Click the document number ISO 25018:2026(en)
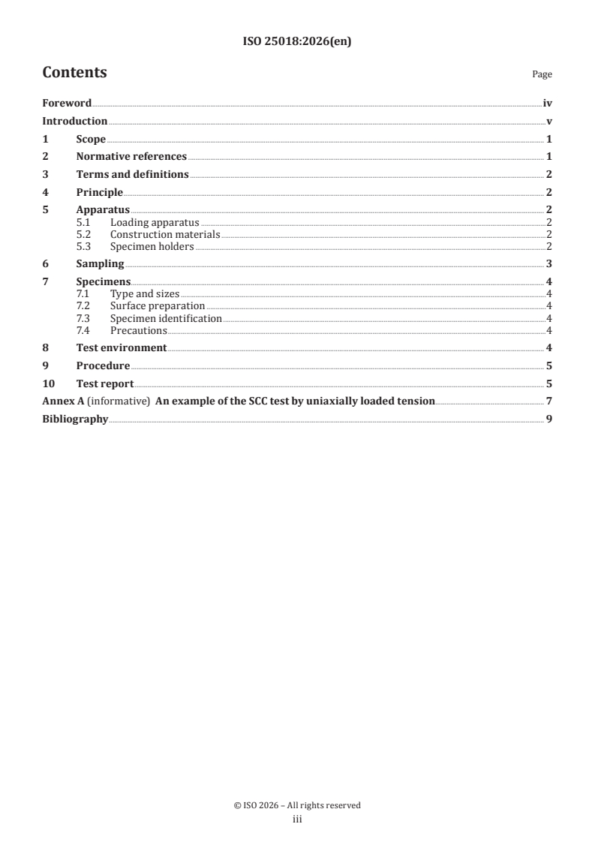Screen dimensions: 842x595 click(x=297, y=42)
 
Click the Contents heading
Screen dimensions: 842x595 click(x=74, y=73)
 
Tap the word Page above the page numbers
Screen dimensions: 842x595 click(x=542, y=74)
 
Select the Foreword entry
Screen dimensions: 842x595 click(x=67, y=104)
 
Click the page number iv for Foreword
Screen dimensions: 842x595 click(x=548, y=104)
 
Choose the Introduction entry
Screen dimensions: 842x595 click(x=75, y=122)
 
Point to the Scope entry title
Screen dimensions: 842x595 click(x=91, y=140)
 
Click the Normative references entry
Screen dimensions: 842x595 click(x=131, y=157)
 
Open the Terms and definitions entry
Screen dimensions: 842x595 click(x=132, y=175)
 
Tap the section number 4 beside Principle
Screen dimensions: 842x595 click(x=46, y=192)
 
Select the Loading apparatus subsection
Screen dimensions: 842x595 click(x=155, y=223)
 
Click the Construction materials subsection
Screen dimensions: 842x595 click(x=165, y=235)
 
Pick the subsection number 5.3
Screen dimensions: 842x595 click(x=83, y=246)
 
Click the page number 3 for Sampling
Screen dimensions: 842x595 click(x=549, y=263)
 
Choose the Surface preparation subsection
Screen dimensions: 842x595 click(x=158, y=306)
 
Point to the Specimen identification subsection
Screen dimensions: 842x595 click(x=166, y=318)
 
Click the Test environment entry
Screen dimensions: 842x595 click(x=122, y=348)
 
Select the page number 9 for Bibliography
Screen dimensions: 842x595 click(x=549, y=419)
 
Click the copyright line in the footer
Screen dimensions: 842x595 click(x=297, y=805)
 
